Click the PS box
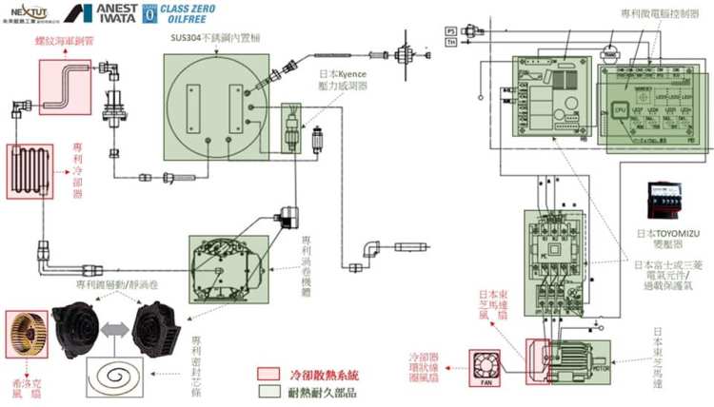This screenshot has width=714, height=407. click(451, 31)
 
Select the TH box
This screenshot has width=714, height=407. click(451, 42)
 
